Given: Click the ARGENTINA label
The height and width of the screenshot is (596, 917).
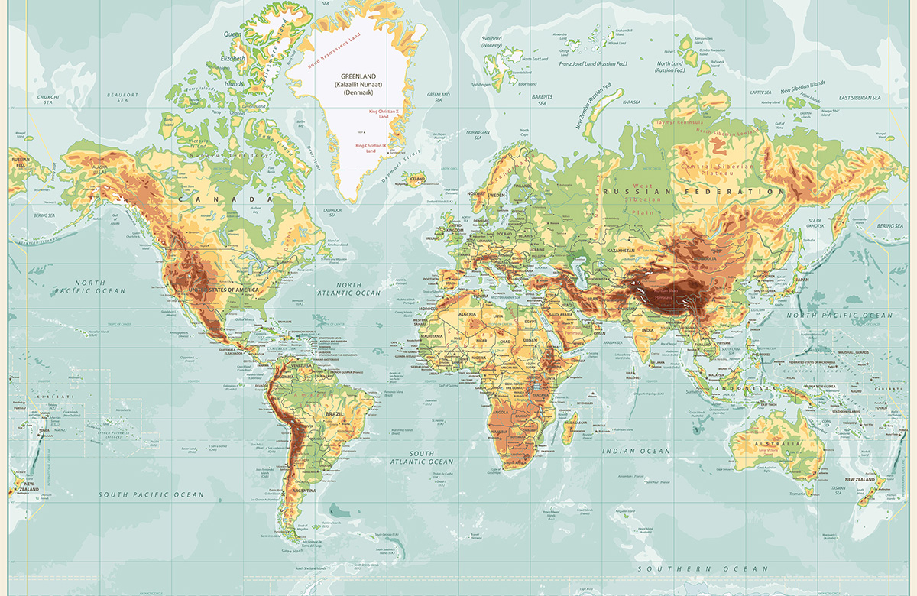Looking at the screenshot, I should tap(300, 489).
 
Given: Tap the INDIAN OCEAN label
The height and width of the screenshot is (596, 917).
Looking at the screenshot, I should tap(636, 451).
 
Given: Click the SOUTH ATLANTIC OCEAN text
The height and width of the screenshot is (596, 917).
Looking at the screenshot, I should tap(421, 458).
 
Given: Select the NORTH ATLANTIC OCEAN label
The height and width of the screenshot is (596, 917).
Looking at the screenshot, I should tap(348, 289).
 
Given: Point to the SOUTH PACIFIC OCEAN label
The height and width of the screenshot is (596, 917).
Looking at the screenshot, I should tap(151, 494).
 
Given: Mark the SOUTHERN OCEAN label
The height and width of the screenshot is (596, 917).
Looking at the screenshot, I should tap(703, 569).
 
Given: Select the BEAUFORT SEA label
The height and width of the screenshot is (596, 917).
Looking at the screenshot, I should tap(122, 97).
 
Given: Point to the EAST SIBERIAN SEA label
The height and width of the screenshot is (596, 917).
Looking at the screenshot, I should tap(860, 98).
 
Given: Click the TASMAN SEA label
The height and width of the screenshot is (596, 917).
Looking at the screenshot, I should tap(838, 490).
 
